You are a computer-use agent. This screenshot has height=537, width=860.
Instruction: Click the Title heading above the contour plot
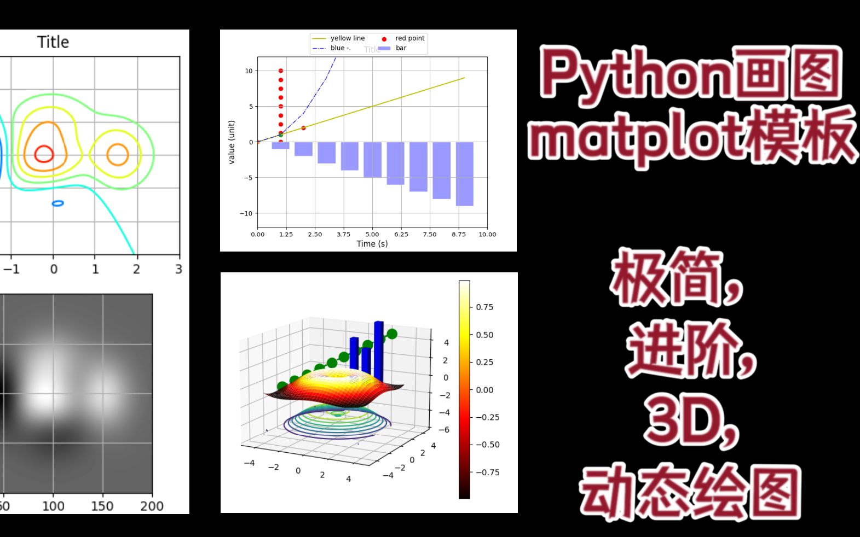pos(53,42)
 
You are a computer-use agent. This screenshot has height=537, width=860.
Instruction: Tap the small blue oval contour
pos(57,203)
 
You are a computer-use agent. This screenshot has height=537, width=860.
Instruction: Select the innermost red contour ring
pos(44,154)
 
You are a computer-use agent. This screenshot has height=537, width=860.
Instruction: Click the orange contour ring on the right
pos(117,155)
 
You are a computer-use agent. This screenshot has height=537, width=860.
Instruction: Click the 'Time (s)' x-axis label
pos(372,243)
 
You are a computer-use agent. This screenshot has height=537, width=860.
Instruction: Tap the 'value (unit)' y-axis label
pos(232,142)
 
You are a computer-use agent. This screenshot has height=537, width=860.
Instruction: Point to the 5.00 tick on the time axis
pos(372,234)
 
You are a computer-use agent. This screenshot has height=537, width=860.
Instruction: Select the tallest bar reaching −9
pos(464,174)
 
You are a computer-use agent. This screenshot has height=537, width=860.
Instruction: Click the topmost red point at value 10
pos(281,71)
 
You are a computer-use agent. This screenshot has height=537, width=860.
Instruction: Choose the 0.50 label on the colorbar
pos(484,335)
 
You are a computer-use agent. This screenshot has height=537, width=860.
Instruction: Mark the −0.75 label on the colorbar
pos(487,472)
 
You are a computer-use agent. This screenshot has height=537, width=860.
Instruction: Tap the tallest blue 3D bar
pos(379,350)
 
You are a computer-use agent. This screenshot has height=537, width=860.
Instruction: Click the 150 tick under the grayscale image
pos(102,506)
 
